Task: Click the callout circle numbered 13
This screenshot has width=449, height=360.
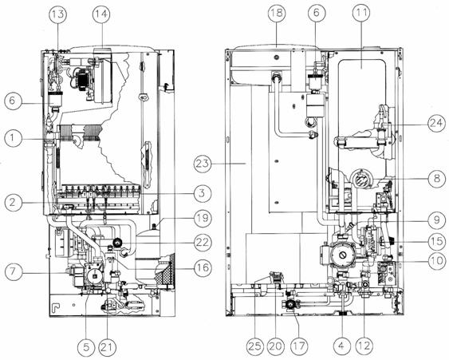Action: (x=57, y=14)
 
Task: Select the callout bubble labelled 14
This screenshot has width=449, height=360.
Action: (x=101, y=14)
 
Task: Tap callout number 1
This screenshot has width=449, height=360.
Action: (x=13, y=138)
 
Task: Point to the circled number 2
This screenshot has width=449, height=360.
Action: (x=13, y=203)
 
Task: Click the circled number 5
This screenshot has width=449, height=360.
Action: (x=86, y=347)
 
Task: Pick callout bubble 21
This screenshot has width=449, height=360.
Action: (x=107, y=347)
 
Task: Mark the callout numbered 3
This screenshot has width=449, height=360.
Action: (x=202, y=193)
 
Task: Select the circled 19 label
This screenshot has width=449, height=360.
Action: (x=203, y=218)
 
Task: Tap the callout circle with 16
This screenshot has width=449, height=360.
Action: (x=203, y=268)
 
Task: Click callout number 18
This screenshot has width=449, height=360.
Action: (x=277, y=13)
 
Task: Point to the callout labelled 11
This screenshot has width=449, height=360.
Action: (x=361, y=13)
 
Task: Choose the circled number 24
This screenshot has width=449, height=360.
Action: (x=437, y=123)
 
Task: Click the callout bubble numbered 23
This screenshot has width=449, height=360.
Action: (x=203, y=164)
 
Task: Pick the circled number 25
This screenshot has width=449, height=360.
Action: (x=255, y=346)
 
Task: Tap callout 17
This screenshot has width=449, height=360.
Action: (x=298, y=346)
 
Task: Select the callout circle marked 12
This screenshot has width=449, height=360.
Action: (x=364, y=346)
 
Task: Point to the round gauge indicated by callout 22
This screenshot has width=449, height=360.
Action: (x=117, y=243)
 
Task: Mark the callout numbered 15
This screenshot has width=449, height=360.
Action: (x=437, y=241)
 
